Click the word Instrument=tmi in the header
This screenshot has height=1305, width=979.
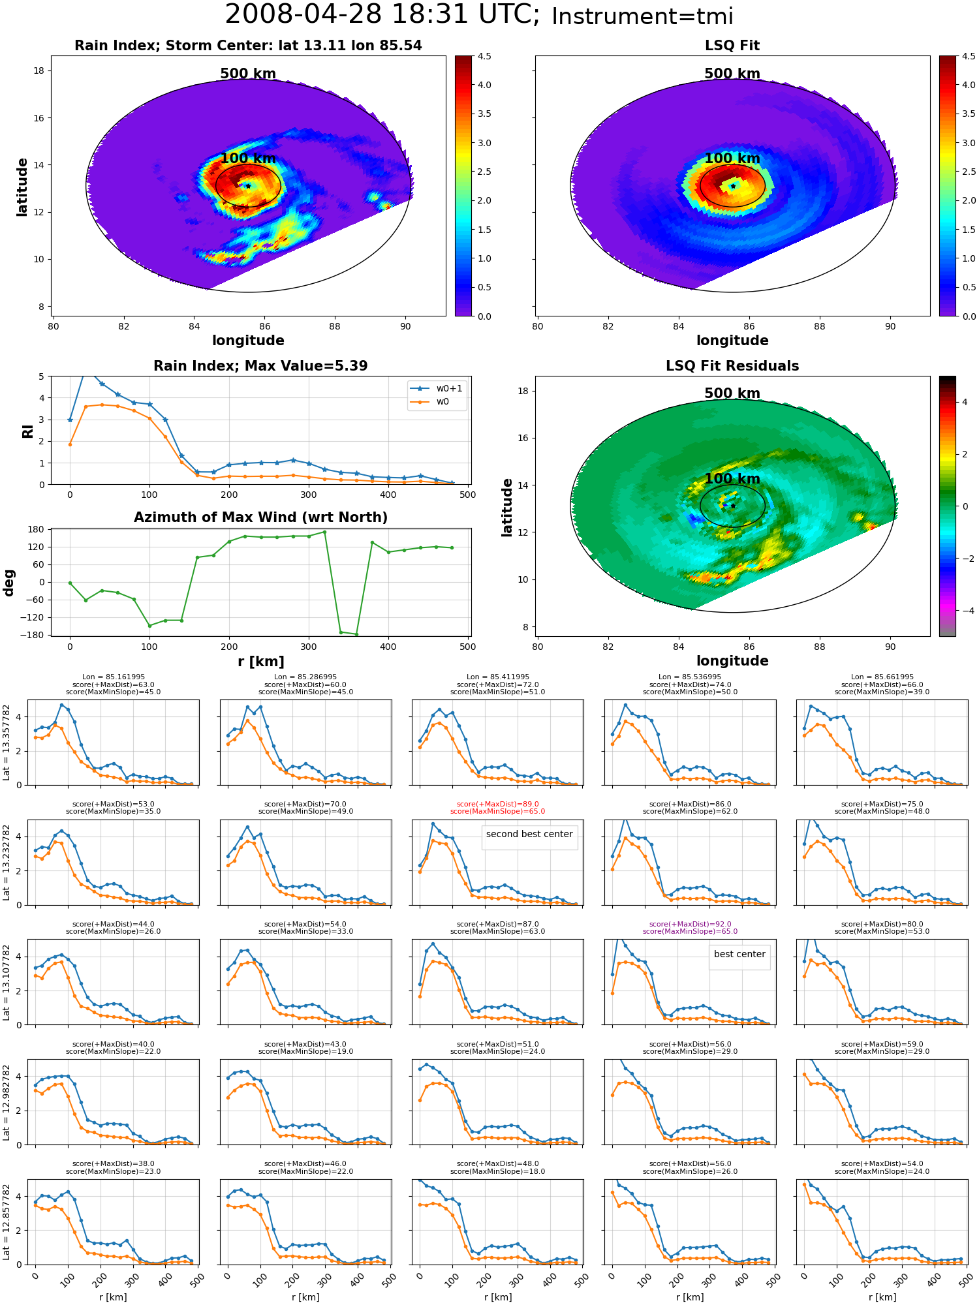pos(642,16)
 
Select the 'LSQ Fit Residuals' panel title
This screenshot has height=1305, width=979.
pos(732,366)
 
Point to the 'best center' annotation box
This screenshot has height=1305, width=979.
pos(739,954)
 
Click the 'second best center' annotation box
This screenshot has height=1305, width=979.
pos(529,834)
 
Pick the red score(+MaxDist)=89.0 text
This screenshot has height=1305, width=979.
pos(497,805)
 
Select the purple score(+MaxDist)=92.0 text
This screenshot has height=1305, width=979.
pos(690,924)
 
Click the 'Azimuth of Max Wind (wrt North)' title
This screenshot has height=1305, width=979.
pos(260,517)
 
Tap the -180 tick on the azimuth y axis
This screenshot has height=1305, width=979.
pos(37,635)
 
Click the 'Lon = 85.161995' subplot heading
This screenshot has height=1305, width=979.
pos(114,677)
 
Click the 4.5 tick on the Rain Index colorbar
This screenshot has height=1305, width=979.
pos(484,56)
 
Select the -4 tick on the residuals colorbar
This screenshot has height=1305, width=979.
pos(965,611)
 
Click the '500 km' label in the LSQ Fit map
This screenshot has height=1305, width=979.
pos(732,74)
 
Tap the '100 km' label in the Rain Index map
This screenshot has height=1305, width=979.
pos(248,159)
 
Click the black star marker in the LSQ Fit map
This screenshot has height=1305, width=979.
pos(733,186)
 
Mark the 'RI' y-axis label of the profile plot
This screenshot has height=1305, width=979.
pos(28,431)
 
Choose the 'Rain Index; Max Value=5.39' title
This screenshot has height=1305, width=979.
pos(260,366)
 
